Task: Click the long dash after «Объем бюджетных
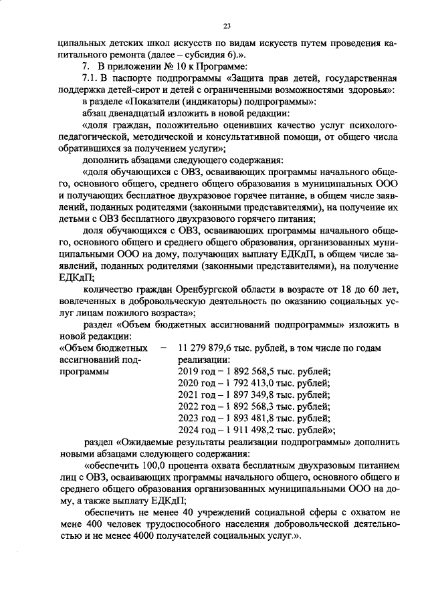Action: (x=163, y=348)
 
